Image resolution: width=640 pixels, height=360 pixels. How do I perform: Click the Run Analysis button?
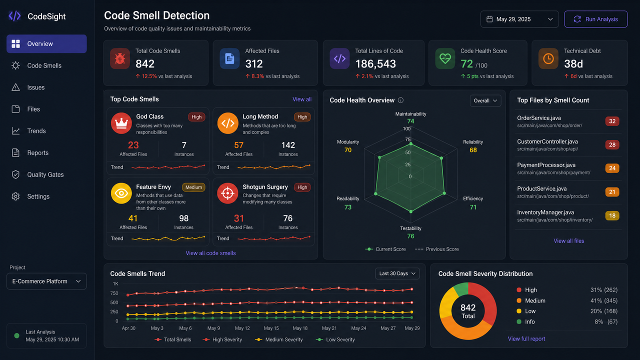click(x=595, y=19)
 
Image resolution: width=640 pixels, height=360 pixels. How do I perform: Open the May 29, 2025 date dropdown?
click(x=519, y=19)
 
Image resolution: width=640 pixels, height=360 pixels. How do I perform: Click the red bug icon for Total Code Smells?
click(x=120, y=58)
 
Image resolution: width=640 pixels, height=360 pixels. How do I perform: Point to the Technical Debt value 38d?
click(x=573, y=63)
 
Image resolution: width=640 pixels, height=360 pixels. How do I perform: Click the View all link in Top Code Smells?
click(x=301, y=99)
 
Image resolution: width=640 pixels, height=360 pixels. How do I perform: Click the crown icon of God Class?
click(x=121, y=123)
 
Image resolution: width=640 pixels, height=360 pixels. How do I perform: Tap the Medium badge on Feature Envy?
click(x=193, y=187)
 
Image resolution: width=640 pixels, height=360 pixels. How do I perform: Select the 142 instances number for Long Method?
click(x=288, y=145)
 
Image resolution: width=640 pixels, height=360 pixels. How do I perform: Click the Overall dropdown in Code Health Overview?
click(x=485, y=100)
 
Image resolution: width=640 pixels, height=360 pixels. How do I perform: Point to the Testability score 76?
click(x=410, y=236)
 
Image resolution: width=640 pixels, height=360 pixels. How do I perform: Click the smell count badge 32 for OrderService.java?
click(x=612, y=121)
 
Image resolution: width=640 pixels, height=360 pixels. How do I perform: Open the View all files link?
click(x=568, y=241)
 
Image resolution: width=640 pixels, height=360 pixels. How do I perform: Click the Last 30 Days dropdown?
click(x=397, y=273)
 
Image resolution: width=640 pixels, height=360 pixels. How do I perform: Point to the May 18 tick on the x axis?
click(x=300, y=328)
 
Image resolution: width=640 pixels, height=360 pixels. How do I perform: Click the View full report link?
click(x=526, y=339)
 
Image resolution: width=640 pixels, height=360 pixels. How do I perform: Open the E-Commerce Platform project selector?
click(x=46, y=281)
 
